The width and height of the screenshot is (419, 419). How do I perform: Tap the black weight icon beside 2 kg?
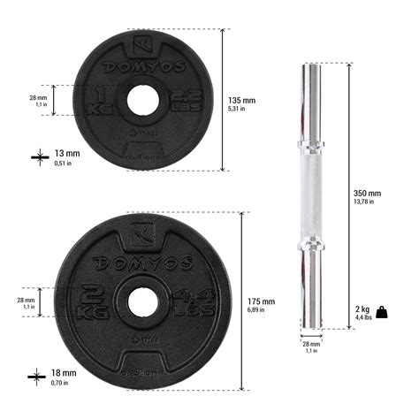[x=382, y=311]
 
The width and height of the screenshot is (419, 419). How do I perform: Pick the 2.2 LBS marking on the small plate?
[x=179, y=100]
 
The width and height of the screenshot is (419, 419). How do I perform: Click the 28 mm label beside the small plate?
[x=37, y=100]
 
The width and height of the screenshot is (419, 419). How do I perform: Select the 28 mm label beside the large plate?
[x=26, y=303]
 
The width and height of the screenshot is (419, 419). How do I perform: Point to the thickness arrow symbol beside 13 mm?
[x=37, y=156]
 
